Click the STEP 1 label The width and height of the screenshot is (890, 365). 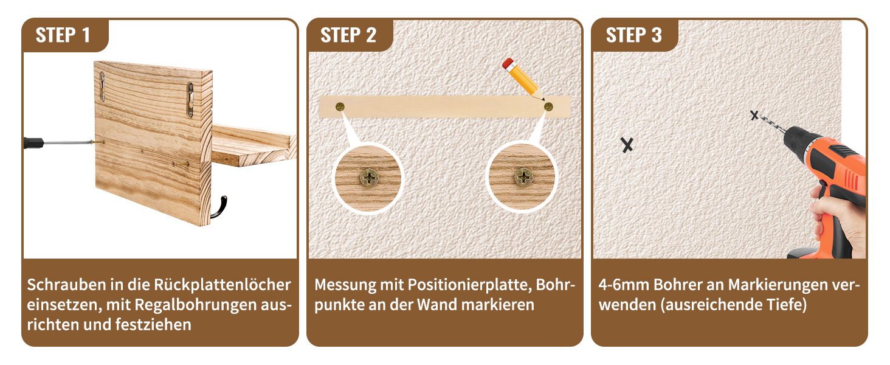[63, 35]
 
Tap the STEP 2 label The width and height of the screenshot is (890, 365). [348, 35]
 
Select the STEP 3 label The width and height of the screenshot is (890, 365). [633, 35]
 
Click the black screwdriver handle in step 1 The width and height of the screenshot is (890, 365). [33, 143]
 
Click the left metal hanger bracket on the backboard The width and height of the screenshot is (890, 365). [103, 86]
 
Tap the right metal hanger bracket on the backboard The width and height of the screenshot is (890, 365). [190, 100]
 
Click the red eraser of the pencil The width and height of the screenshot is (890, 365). [508, 64]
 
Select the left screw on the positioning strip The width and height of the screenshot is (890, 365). [340, 106]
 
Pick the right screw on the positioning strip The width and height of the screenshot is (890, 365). [548, 106]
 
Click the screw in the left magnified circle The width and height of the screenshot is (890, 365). [370, 178]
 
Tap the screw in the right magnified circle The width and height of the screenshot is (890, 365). [523, 177]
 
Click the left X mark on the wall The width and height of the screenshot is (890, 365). [627, 145]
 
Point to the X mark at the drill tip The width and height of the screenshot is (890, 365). [754, 116]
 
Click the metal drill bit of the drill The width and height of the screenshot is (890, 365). [771, 125]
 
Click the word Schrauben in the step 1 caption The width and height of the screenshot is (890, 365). [66, 285]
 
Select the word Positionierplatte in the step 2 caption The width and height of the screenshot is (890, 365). [470, 285]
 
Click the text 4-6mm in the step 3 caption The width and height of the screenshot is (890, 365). [623, 285]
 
